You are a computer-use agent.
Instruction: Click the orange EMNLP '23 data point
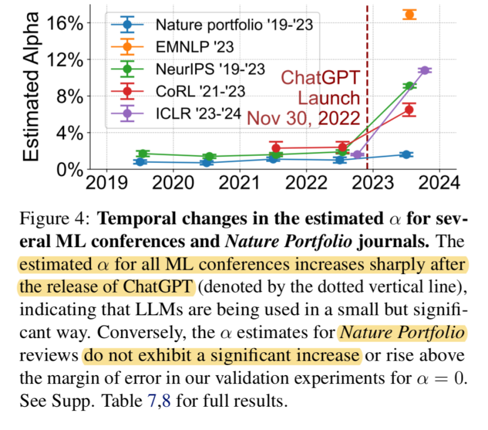point(409,14)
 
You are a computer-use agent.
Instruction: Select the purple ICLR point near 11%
point(425,70)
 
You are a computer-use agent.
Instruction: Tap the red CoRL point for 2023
point(409,110)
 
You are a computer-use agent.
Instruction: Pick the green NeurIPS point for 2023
point(409,86)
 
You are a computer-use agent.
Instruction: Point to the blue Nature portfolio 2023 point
point(406,154)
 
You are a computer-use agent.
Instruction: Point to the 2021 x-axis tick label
point(239,182)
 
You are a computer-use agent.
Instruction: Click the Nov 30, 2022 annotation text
point(303,118)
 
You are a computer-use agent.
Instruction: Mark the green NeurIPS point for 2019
point(142,154)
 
